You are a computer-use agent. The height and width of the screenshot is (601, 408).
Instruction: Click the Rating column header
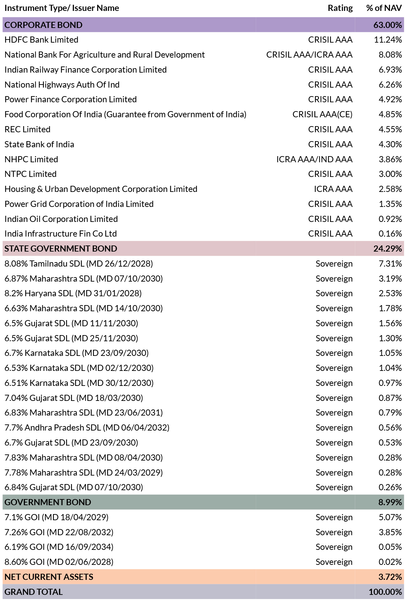(340, 8)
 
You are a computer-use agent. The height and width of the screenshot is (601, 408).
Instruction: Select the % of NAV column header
(384, 8)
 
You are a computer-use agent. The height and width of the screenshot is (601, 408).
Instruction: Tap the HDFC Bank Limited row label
(42, 40)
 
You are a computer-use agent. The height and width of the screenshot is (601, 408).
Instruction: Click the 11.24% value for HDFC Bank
(388, 40)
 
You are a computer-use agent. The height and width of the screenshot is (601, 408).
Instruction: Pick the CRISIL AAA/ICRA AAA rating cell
(309, 55)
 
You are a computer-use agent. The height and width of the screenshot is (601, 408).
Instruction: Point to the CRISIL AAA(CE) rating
(323, 115)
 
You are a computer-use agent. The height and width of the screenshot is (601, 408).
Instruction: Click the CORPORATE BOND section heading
(44, 25)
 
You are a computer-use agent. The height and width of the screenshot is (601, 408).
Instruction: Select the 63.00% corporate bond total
(388, 25)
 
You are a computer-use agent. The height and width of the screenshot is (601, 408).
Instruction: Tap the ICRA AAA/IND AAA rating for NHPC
(314, 160)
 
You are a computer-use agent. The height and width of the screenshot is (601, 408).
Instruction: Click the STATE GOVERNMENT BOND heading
(61, 249)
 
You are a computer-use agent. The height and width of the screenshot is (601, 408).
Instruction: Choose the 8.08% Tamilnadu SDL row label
(79, 264)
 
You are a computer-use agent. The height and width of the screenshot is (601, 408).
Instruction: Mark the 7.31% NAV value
(390, 264)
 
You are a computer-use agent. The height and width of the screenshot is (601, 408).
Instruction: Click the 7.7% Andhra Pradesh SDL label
(87, 428)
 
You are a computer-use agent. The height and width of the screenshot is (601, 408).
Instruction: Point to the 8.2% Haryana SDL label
(73, 294)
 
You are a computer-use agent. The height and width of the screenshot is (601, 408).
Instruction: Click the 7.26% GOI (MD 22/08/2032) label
(59, 532)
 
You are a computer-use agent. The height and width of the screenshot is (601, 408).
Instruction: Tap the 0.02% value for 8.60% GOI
(390, 562)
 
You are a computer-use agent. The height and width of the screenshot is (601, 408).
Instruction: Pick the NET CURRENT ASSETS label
(49, 577)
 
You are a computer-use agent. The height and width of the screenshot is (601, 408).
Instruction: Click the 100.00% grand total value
(385, 592)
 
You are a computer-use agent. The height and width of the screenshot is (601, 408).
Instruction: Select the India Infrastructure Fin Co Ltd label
(61, 234)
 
